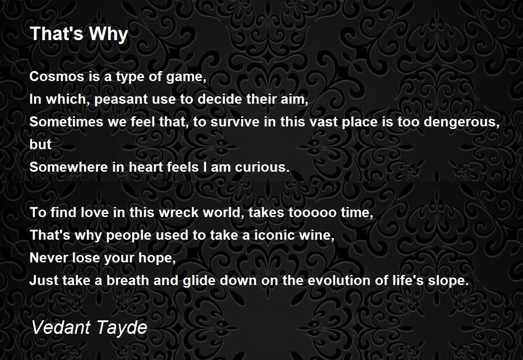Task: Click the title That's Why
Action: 79,34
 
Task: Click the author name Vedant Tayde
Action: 89,328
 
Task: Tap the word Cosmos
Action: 57,76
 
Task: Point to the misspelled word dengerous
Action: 462,122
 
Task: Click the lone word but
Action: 41,144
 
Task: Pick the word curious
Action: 262,167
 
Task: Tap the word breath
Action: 128,280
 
